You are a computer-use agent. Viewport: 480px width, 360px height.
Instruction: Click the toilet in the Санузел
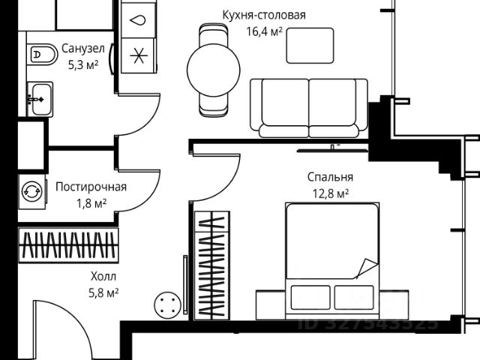(43, 53)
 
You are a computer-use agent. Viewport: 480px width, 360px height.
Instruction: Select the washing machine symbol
(32, 190)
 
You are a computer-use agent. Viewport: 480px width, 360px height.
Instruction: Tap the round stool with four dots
(167, 306)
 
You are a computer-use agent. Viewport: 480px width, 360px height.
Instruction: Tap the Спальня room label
(330, 178)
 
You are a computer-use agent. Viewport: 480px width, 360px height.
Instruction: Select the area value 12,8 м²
(330, 194)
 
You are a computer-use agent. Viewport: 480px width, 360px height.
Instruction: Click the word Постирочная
(91, 187)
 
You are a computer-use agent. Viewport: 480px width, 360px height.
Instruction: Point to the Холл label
(103, 274)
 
